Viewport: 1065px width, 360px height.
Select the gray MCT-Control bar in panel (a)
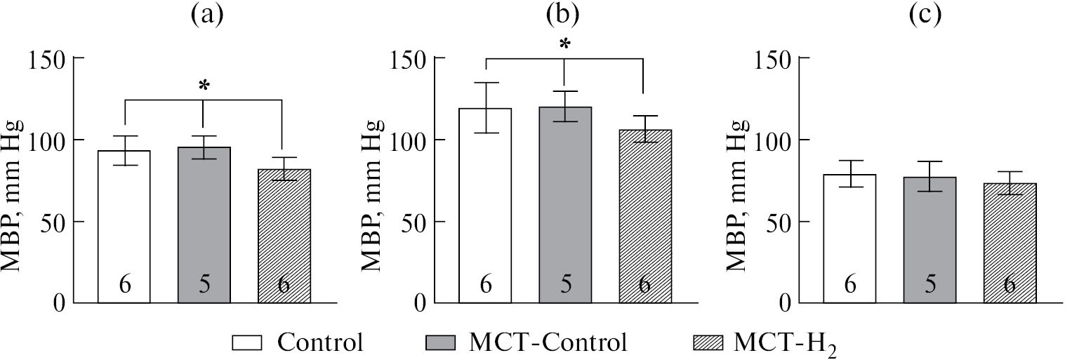(204, 225)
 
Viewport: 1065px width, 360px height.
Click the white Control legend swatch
(246, 343)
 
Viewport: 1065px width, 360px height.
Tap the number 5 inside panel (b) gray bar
(566, 285)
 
